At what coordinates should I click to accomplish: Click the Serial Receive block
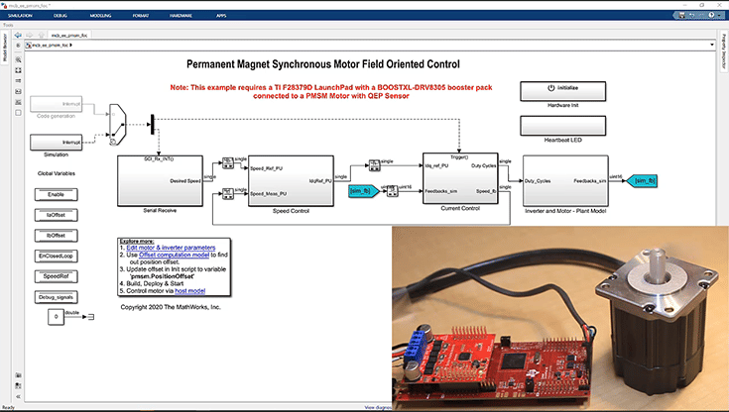coord(160,179)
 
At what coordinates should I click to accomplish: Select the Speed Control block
coord(293,179)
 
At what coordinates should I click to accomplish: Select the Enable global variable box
coord(57,194)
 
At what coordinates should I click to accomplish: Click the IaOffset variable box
coord(57,214)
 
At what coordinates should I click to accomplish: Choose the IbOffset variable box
coord(57,235)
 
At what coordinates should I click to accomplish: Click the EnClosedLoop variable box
coord(57,256)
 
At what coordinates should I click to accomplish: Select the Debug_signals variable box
coord(57,296)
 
